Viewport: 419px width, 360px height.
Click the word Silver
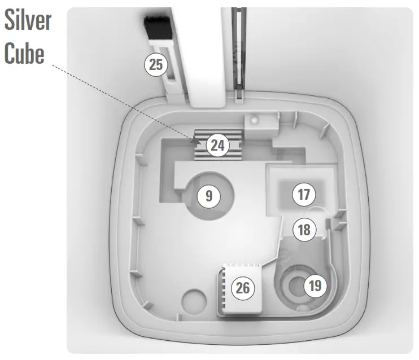coord(29,21)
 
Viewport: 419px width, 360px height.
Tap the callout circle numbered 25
coord(156,65)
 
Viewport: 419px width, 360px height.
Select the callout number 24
coord(217,146)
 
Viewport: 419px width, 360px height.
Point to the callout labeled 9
coord(209,196)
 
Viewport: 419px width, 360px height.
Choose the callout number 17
coord(304,195)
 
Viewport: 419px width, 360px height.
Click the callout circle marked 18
coord(304,230)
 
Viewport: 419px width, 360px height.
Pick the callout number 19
coord(315,285)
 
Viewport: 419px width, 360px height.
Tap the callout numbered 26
coord(243,288)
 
